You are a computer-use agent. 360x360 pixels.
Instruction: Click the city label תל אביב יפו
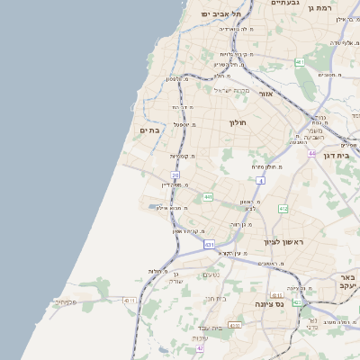(221, 14)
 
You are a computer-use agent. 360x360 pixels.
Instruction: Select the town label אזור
(265, 94)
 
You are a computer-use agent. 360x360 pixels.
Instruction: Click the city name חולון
(238, 122)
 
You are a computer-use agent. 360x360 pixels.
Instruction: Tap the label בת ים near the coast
(148, 130)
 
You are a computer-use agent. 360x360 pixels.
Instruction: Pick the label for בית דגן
(349, 145)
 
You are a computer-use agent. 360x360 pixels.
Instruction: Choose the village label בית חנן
(215, 298)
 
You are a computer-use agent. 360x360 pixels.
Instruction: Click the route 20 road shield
(175, 175)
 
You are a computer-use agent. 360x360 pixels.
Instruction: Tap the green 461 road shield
(299, 62)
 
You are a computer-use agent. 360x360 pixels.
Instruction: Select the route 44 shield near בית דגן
(311, 154)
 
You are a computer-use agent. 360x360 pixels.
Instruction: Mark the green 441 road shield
(208, 196)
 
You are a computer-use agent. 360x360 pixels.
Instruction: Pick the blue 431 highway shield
(209, 244)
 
